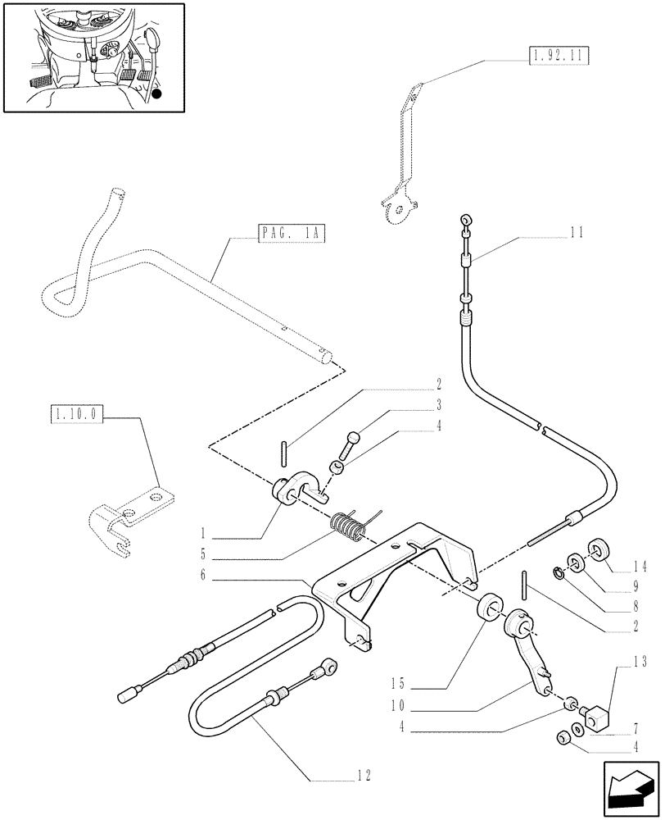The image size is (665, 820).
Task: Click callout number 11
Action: click(x=577, y=234)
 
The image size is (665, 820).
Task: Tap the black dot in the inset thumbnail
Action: click(x=156, y=95)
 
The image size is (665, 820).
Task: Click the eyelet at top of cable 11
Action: click(x=464, y=220)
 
